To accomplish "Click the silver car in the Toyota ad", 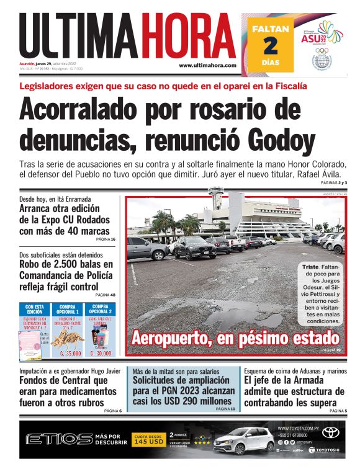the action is [243, 441].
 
